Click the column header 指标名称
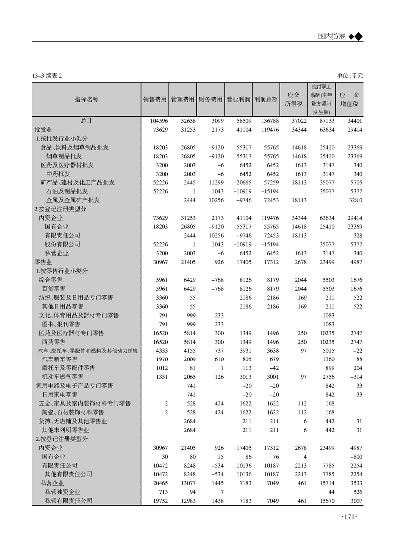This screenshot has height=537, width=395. tap(86, 99)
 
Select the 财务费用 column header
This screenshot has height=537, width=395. tap(210, 99)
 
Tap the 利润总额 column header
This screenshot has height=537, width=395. tap(265, 99)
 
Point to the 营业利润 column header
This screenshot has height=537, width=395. tap(238, 99)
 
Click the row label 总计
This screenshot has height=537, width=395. tap(86, 121)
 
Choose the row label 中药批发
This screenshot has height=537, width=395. tap(58, 174)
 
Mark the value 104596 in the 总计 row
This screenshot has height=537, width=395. tap(158, 121)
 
